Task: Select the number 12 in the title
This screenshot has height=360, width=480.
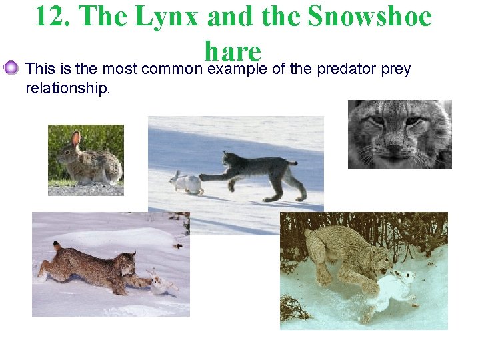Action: click(x=48, y=17)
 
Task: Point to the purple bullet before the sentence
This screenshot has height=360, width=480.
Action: click(x=10, y=68)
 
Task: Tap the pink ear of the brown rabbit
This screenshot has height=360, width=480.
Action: click(x=75, y=139)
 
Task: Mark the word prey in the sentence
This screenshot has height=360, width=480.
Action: click(x=397, y=69)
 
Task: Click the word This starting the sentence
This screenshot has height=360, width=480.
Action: click(x=39, y=69)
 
